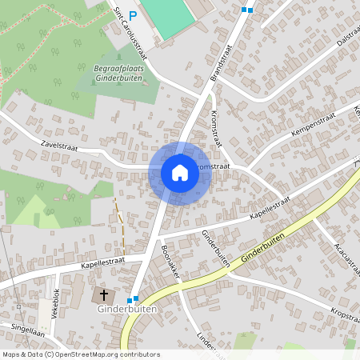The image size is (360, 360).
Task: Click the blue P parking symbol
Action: [x=134, y=14]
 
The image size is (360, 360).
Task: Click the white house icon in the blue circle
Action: [x=180, y=172]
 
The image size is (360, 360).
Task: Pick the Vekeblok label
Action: [x=56, y=303]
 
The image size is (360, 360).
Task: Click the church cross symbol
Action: [x=103, y=294]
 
